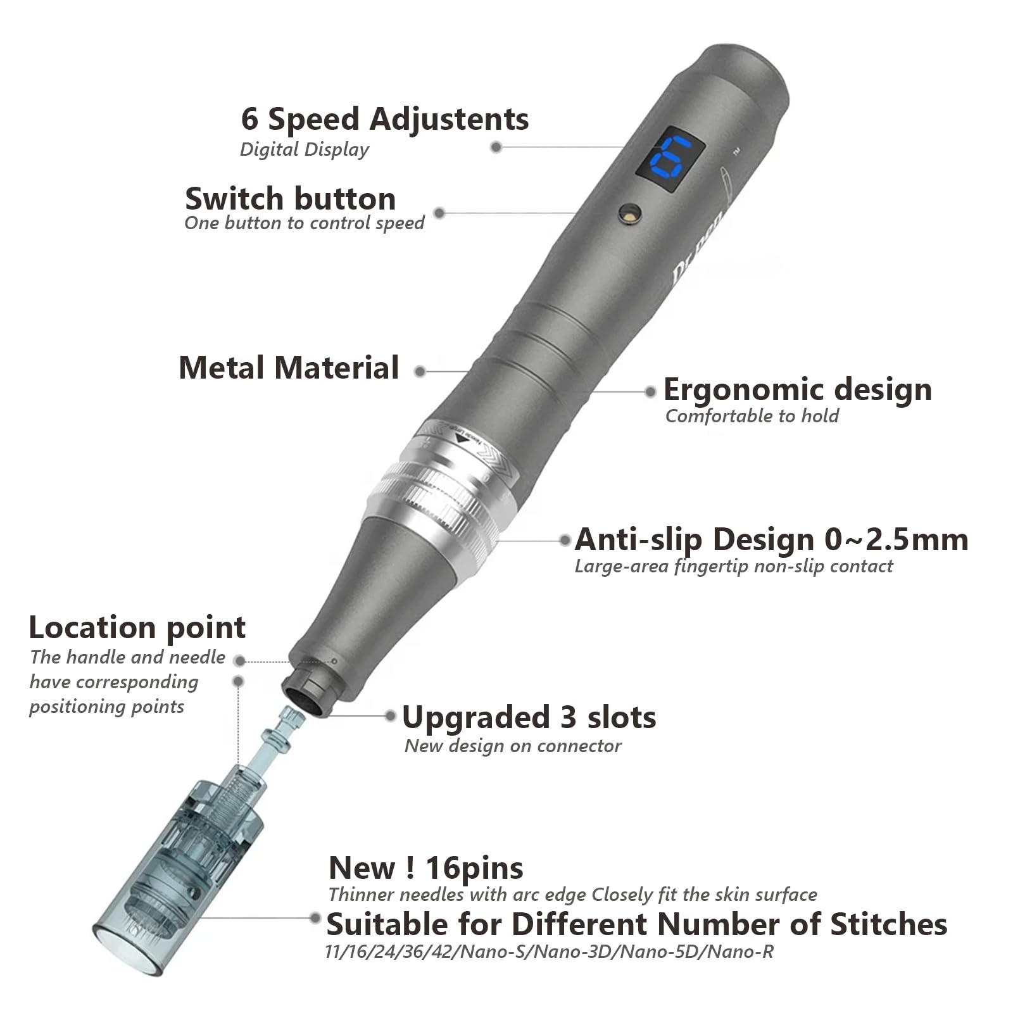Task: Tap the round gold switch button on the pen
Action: point(630,213)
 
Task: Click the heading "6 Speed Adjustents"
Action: point(384,119)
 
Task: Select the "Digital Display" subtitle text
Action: point(304,149)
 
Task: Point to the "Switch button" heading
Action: point(291,199)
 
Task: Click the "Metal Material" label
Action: point(289,368)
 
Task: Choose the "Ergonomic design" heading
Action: point(797,389)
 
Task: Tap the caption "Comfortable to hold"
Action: point(752,416)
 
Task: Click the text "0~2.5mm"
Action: point(897,539)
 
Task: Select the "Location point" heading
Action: point(137,627)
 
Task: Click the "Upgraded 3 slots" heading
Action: point(529,717)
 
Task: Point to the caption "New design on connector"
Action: point(513,746)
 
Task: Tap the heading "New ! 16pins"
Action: point(425,868)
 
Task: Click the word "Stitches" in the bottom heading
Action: point(888,924)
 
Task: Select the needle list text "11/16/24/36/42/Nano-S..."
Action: point(548,952)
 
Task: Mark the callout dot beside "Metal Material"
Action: point(420,372)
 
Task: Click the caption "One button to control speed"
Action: point(304,223)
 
